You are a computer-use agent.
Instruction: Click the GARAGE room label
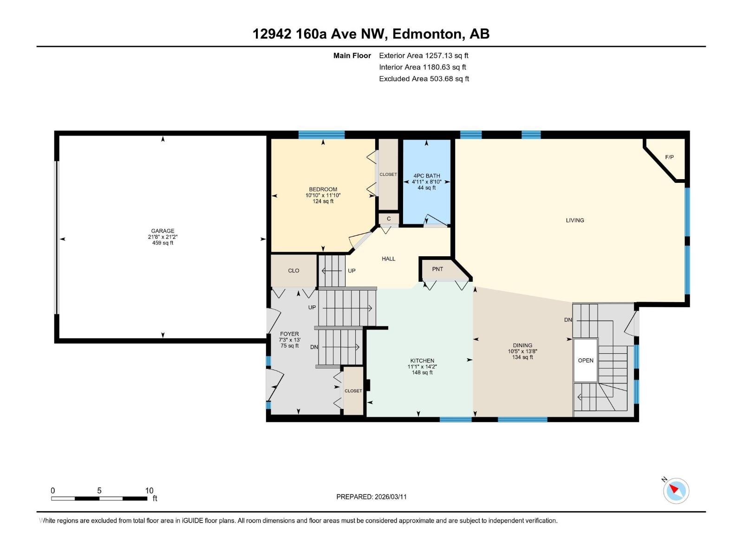163,231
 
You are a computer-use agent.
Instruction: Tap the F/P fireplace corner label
669,157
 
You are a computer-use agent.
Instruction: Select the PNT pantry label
437,269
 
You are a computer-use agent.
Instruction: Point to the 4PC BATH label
426,176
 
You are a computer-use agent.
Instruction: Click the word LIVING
575,220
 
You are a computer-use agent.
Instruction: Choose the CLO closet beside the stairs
293,271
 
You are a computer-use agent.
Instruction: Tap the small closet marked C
389,219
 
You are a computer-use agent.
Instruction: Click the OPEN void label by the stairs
586,361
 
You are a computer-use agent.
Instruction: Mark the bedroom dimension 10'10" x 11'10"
323,195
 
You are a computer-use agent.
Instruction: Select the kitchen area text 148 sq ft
422,373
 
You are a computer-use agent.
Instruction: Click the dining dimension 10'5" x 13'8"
522,351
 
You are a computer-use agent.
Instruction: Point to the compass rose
676,491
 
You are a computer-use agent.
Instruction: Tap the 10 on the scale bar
149,490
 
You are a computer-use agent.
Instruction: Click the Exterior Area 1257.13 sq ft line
424,55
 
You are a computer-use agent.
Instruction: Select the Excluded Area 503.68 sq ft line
424,79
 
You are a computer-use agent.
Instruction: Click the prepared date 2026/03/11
391,497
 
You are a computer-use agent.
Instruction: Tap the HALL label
388,259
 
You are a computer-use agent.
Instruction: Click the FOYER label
289,334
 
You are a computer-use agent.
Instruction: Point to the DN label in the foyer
314,347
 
